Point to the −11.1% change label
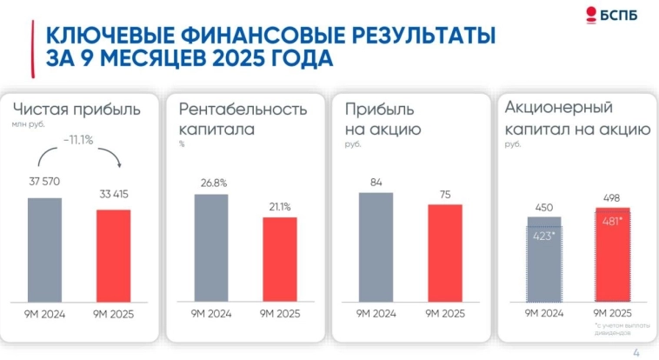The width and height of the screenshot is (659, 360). (78, 139)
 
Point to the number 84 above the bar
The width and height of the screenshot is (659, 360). (376, 182)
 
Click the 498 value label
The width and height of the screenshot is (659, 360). (612, 197)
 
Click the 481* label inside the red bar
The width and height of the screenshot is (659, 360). (612, 221)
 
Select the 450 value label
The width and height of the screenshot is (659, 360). (543, 207)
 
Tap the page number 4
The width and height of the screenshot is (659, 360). (636, 350)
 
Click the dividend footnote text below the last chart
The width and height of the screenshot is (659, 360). (619, 328)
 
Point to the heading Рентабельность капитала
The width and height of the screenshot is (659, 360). (243, 120)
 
